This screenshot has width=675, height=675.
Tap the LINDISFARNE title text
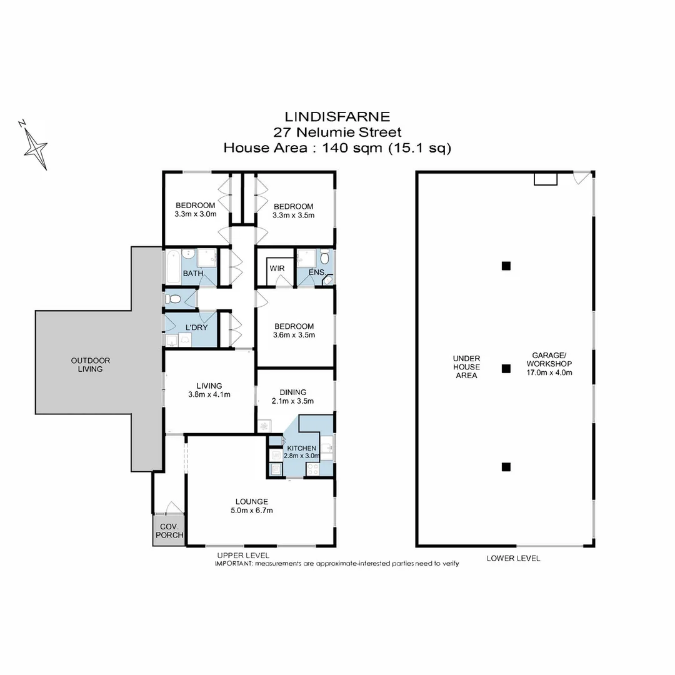pyautogui.click(x=337, y=116)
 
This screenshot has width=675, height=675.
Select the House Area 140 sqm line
pyautogui.click(x=337, y=148)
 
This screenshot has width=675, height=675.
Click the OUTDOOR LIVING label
pyautogui.click(x=91, y=364)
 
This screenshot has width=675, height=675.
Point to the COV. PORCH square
pyautogui.click(x=169, y=531)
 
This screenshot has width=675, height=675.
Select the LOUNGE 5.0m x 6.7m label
pyautogui.click(x=252, y=506)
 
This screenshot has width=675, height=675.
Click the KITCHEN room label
pyautogui.click(x=301, y=449)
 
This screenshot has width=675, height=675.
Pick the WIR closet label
pyautogui.click(x=277, y=268)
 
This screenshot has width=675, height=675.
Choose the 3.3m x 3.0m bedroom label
pyautogui.click(x=195, y=209)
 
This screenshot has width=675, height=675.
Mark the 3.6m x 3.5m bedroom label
pyautogui.click(x=294, y=330)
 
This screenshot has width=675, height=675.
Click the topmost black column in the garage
pyautogui.click(x=506, y=266)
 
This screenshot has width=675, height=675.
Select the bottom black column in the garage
pyautogui.click(x=506, y=466)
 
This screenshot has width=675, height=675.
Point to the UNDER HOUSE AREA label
pyautogui.click(x=466, y=367)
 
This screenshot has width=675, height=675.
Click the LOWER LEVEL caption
pyautogui.click(x=513, y=558)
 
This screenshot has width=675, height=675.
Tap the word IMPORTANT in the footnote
pyautogui.click(x=233, y=563)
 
